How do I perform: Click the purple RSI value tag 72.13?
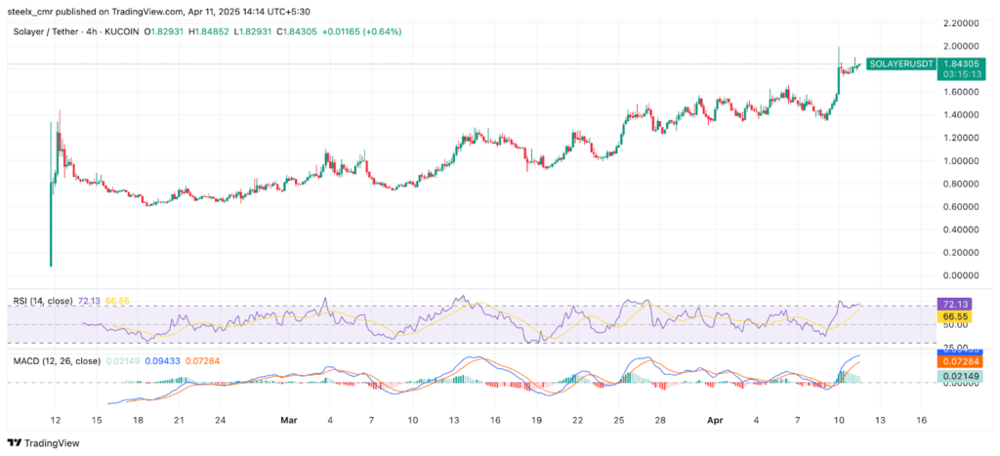click(x=952, y=305)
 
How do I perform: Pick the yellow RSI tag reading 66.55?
click(x=952, y=317)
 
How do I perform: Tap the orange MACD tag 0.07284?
click(x=952, y=361)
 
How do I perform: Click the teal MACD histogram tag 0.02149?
click(x=952, y=376)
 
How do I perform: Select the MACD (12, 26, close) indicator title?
click(x=57, y=361)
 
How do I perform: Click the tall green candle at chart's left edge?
click(x=51, y=195)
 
